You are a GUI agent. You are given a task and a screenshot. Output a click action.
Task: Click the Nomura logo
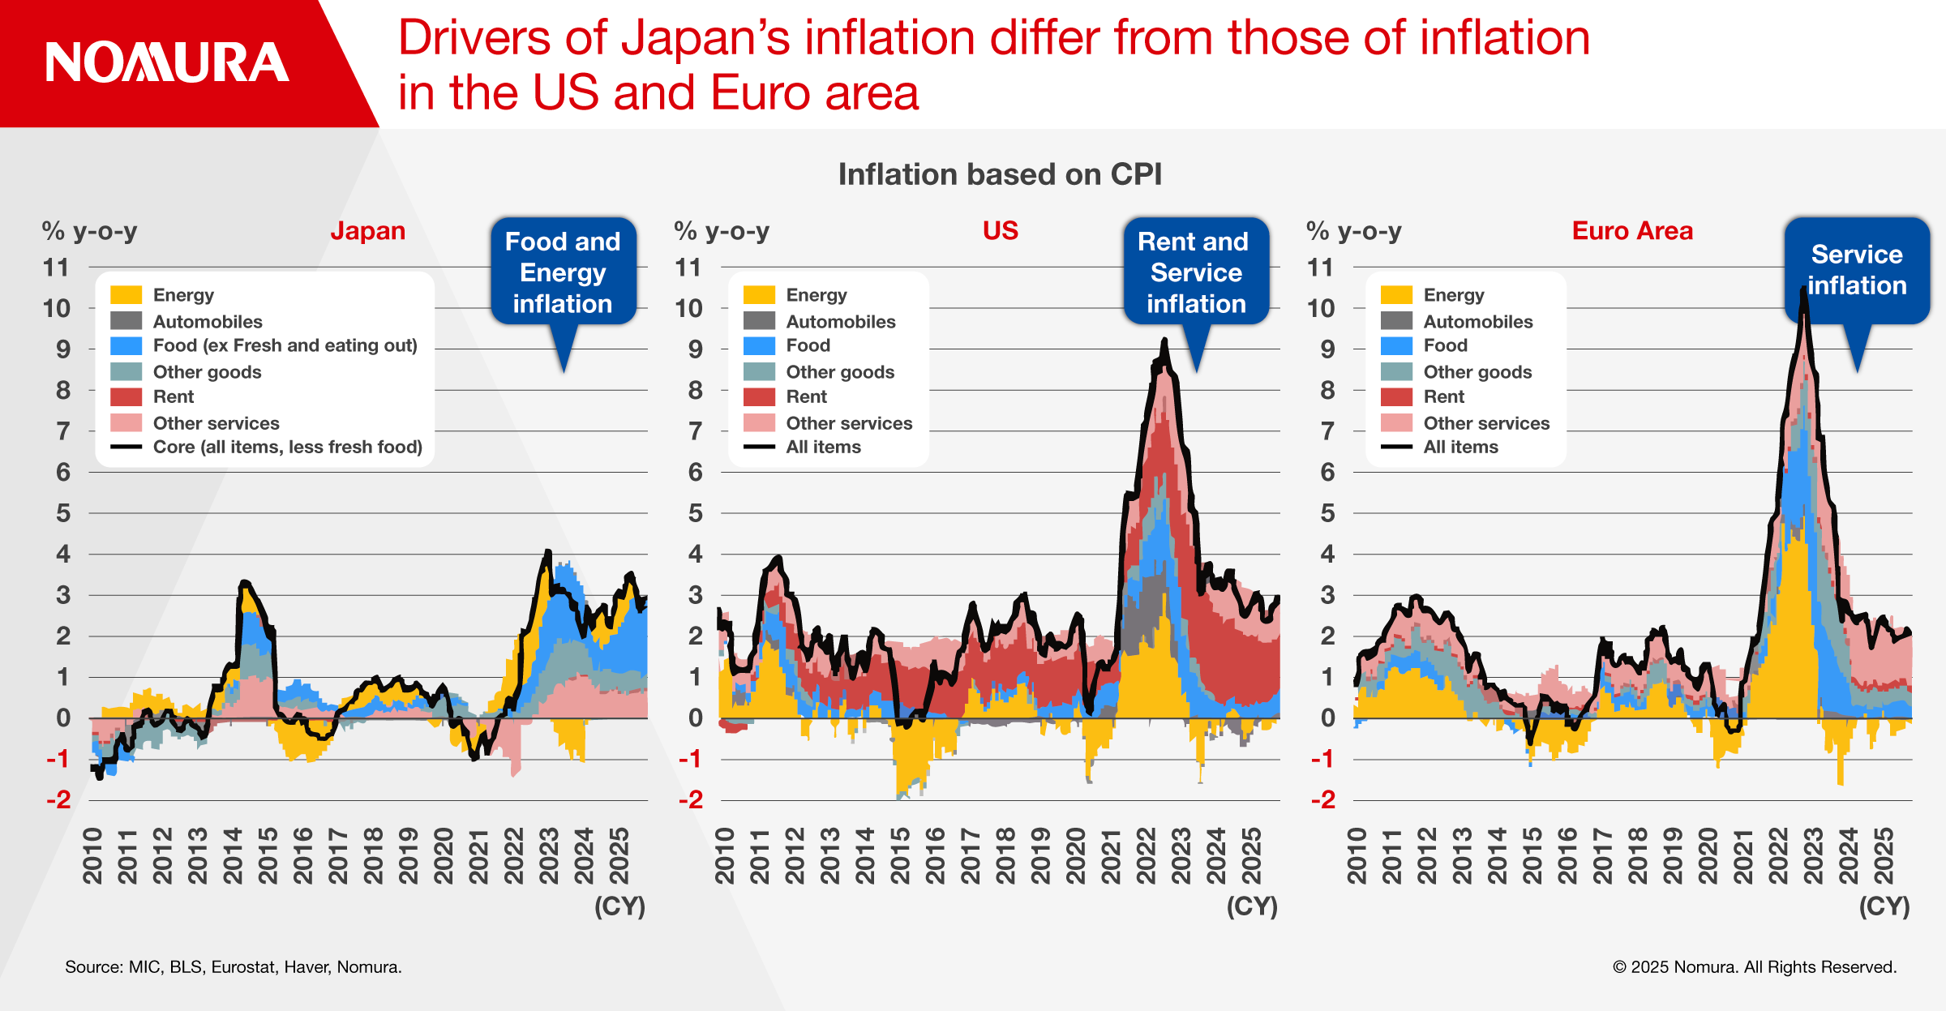[167, 62]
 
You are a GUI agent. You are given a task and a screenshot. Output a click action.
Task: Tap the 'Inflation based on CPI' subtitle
[1000, 174]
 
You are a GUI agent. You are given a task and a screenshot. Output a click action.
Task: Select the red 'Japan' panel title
[367, 231]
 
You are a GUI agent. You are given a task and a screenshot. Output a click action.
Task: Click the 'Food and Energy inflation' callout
[563, 272]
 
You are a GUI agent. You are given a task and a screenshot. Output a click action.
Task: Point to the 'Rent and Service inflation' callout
[1196, 272]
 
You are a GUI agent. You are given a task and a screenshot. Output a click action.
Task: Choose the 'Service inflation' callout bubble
[1857, 270]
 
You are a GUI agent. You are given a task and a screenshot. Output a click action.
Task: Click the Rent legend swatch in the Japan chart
[126, 397]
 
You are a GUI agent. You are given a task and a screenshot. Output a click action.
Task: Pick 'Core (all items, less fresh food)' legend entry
[287, 447]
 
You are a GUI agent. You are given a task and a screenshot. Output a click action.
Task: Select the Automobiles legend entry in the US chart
[840, 322]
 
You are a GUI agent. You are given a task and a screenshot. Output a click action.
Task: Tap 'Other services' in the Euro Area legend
[1485, 423]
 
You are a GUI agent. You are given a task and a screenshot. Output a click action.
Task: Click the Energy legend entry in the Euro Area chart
[1453, 295]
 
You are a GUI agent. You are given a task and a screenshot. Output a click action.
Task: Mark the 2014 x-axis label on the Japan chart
[233, 855]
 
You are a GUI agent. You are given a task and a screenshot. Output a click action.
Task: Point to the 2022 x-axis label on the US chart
[1146, 855]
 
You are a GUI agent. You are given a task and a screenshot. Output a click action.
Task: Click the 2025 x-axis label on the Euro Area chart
[1884, 855]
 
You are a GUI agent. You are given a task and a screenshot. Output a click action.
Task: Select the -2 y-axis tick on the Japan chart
[58, 800]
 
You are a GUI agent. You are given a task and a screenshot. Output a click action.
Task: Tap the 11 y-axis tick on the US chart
[688, 268]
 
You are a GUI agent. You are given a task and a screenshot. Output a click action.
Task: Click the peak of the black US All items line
[1165, 341]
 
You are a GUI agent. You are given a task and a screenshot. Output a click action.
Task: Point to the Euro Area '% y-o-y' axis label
[1353, 231]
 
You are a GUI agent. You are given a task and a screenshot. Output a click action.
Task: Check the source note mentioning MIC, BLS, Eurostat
[234, 967]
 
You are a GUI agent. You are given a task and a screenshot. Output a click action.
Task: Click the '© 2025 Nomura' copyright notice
[1755, 967]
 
